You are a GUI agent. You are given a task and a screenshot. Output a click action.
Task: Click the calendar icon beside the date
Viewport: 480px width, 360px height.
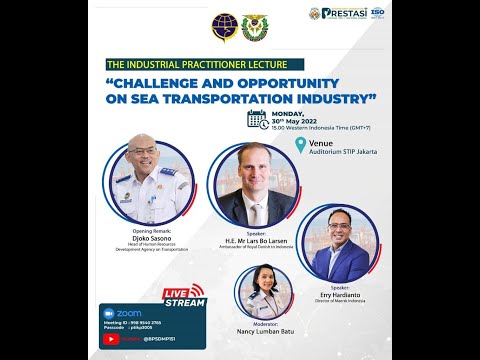click(256, 119)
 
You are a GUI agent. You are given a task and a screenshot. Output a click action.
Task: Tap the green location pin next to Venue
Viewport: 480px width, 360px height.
click(299, 145)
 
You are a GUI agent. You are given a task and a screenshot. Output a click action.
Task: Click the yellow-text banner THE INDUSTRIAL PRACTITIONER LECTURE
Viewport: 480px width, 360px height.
click(183, 65)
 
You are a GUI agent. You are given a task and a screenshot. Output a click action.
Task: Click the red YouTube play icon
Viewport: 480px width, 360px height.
click(110, 339)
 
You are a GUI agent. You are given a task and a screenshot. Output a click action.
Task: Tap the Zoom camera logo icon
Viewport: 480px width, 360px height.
click(109, 313)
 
